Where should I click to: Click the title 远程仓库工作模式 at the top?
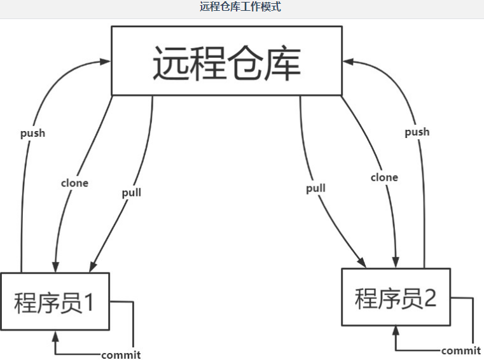tap(240, 8)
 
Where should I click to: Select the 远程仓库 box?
tap(226, 60)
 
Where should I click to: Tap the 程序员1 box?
tap(55, 301)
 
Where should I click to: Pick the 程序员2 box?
tap(396, 297)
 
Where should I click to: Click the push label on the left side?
tap(32, 134)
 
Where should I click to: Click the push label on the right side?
tap(417, 132)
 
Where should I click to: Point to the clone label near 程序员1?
tap(74, 183)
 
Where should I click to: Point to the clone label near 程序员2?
tap(384, 177)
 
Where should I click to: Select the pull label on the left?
tap(131, 192)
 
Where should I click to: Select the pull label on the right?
tap(315, 188)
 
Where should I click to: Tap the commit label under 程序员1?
tap(121, 355)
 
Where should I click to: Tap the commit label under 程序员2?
tap(461, 350)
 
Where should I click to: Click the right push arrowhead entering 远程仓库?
tap(347, 61)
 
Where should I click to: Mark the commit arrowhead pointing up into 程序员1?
tap(55, 335)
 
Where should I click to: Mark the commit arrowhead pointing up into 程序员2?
tap(396, 331)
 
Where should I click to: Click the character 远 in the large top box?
tap(172, 62)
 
